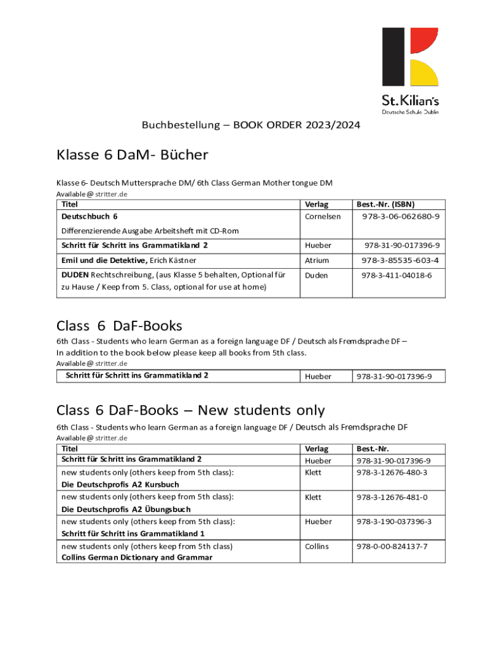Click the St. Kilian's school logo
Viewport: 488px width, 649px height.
[410, 70]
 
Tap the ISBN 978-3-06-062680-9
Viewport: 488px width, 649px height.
[401, 217]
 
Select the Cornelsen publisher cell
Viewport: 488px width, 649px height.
[323, 217]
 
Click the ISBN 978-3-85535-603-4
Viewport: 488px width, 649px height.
[400, 260]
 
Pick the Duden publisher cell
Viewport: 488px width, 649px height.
[316, 276]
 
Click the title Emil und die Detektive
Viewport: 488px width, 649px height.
[104, 260]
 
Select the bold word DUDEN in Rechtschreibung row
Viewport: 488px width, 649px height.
[75, 276]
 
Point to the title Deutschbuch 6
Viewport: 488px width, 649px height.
[89, 217]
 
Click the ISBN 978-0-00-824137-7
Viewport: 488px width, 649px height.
[392, 546]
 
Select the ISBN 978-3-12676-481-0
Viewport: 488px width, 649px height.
[392, 498]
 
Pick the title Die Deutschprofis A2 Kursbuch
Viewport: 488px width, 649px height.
[120, 485]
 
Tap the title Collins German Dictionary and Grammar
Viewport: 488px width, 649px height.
[137, 558]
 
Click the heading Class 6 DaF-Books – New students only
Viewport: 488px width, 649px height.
[190, 411]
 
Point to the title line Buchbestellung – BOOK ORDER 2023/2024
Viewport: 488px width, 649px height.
[251, 125]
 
